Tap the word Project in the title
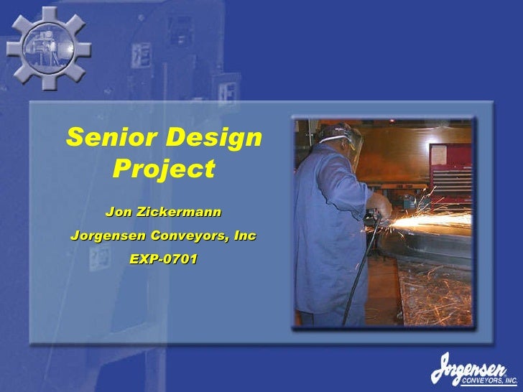(164, 169)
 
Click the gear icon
(49, 49)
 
